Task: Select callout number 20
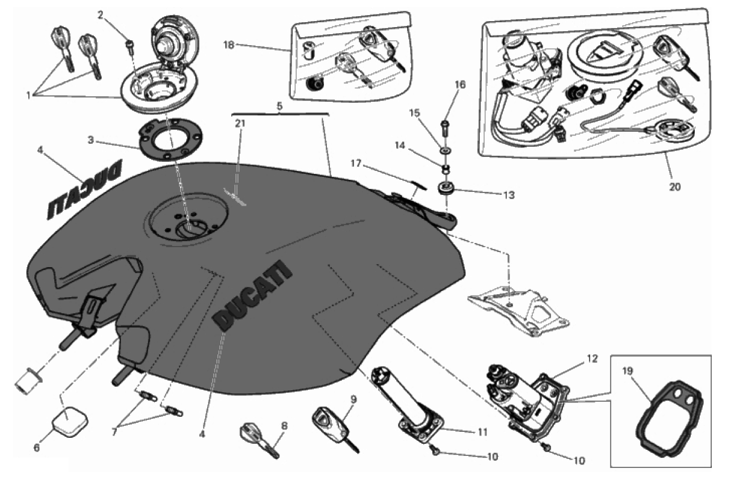click(x=674, y=186)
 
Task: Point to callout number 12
click(x=591, y=359)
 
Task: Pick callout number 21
click(x=239, y=123)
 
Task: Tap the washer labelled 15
click(x=444, y=149)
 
